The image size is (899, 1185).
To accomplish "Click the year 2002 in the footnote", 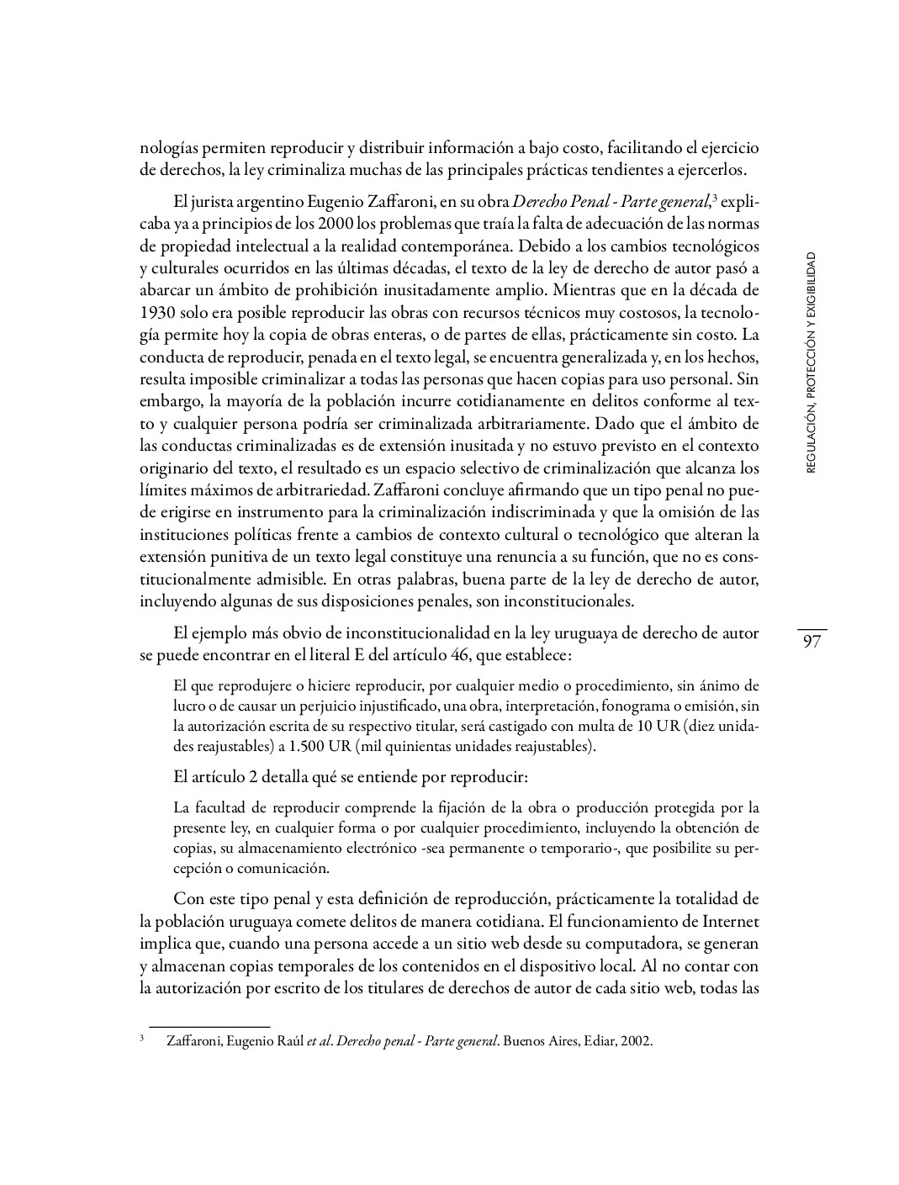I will tap(637, 1041).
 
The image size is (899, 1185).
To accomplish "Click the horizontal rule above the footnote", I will tap(209, 1027).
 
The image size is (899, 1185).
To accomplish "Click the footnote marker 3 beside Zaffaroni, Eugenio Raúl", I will tap(142, 1039).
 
